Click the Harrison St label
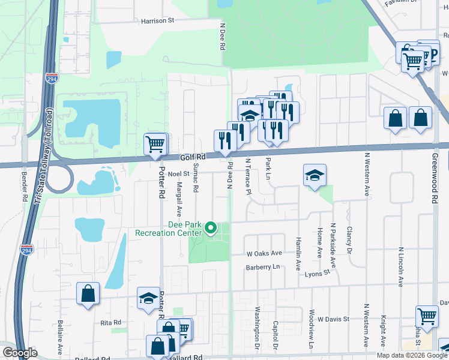pyautogui.click(x=157, y=20)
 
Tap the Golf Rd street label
pyautogui.click(x=193, y=157)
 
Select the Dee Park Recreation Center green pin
pyautogui.click(x=211, y=228)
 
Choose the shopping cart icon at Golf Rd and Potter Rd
pyautogui.click(x=155, y=144)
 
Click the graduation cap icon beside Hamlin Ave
pyautogui.click(x=315, y=175)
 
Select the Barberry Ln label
pyautogui.click(x=263, y=267)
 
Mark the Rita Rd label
pyautogui.click(x=111, y=322)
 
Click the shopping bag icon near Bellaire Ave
pyautogui.click(x=88, y=294)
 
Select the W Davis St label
pyautogui.click(x=333, y=319)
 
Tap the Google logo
pyautogui.click(x=20, y=353)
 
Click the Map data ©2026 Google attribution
pyautogui.click(x=412, y=355)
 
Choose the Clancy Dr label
pyautogui.click(x=349, y=238)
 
